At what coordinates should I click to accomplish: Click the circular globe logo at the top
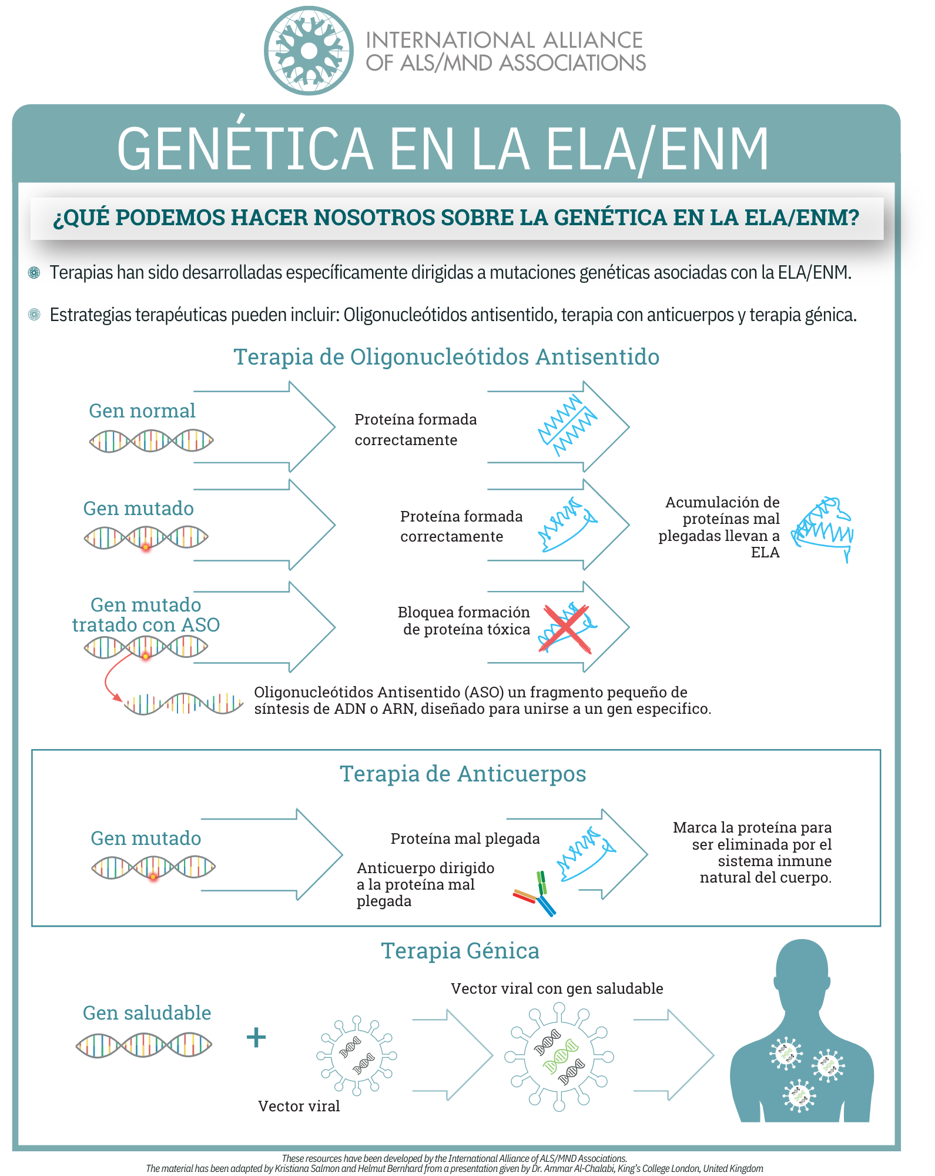309,51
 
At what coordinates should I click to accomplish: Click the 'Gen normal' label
142,410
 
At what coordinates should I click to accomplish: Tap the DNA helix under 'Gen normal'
151,440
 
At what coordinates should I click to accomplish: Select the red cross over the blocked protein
566,629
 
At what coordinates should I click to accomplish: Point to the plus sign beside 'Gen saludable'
256,1037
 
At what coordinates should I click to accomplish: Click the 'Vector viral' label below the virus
299,1106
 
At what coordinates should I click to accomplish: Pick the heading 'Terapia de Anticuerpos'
463,774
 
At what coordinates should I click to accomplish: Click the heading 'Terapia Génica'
460,951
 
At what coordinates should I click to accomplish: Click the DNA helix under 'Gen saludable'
144,1045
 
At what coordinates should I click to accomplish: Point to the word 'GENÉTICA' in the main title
245,149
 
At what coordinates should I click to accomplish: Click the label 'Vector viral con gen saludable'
557,988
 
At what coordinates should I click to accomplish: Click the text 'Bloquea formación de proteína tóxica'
464,621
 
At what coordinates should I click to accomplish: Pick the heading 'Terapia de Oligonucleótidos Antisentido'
447,357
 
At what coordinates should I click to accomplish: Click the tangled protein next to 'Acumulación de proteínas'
822,527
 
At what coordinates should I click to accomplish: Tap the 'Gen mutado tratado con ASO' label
146,614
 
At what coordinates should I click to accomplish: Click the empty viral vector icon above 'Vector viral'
357,1055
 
